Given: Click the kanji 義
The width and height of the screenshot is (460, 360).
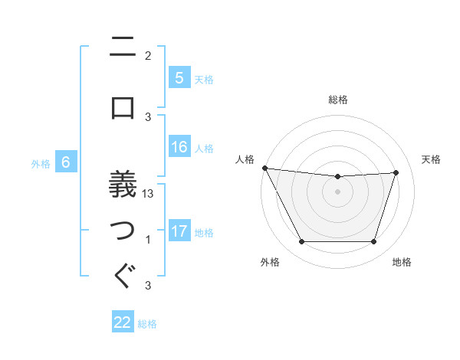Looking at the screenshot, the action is (x=123, y=184).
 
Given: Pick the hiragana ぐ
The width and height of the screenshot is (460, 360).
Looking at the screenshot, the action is (x=123, y=275).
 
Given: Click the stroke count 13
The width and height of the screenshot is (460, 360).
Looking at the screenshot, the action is (x=149, y=194).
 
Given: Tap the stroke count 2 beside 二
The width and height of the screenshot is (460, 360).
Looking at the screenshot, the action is (x=148, y=56).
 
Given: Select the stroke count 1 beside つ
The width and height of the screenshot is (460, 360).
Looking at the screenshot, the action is (x=148, y=241).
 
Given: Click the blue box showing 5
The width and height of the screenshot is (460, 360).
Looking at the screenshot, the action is (x=179, y=78).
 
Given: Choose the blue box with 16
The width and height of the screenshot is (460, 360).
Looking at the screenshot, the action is (x=179, y=147).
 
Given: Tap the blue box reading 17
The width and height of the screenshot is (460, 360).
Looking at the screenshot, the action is (x=179, y=231).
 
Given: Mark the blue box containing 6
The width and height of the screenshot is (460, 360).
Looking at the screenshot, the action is (x=67, y=162).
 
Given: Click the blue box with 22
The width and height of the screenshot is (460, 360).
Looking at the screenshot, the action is (x=123, y=322).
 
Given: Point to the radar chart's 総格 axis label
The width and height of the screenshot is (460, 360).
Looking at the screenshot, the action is (x=337, y=100).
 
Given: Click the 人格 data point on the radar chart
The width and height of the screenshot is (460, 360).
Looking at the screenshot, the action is (x=264, y=168).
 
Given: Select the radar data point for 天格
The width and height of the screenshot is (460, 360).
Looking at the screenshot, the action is (x=396, y=172).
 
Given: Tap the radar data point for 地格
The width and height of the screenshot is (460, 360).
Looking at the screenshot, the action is (x=374, y=242).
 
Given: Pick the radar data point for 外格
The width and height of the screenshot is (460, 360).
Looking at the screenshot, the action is (x=301, y=242).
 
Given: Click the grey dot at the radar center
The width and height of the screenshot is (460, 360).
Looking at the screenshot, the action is (x=337, y=191).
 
